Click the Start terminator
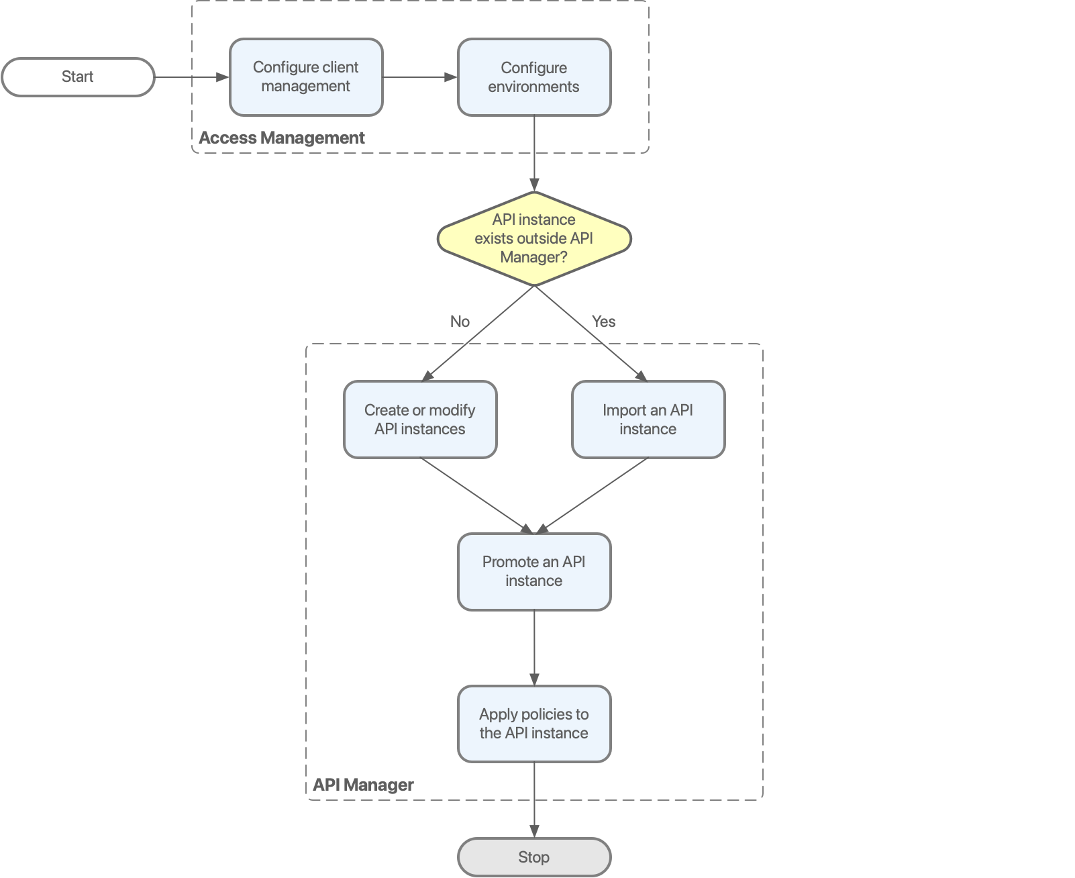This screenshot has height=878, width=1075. [x=78, y=77]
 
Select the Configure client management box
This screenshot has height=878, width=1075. [x=306, y=77]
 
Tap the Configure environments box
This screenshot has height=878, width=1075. [x=534, y=77]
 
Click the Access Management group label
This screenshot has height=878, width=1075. [x=281, y=138]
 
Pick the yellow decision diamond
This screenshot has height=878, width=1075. [x=534, y=239]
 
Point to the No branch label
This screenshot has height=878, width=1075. [x=460, y=322]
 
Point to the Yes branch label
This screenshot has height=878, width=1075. [x=603, y=322]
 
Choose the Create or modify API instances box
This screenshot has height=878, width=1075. [x=420, y=420]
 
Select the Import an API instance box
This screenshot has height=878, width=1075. [x=648, y=420]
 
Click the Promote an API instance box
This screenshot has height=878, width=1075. [x=534, y=571]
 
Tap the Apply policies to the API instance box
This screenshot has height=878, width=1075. [x=534, y=724]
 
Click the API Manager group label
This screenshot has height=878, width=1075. [x=363, y=785]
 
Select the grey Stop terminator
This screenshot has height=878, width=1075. [x=534, y=857]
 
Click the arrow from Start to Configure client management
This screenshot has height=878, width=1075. [x=192, y=77]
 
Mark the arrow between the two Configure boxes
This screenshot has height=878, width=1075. [x=420, y=77]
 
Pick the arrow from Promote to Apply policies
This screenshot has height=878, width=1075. [x=534, y=648]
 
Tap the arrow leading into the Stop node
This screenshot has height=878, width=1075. [x=534, y=800]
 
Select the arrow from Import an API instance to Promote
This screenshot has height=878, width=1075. [x=593, y=495]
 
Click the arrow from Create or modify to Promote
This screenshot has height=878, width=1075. [x=475, y=495]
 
